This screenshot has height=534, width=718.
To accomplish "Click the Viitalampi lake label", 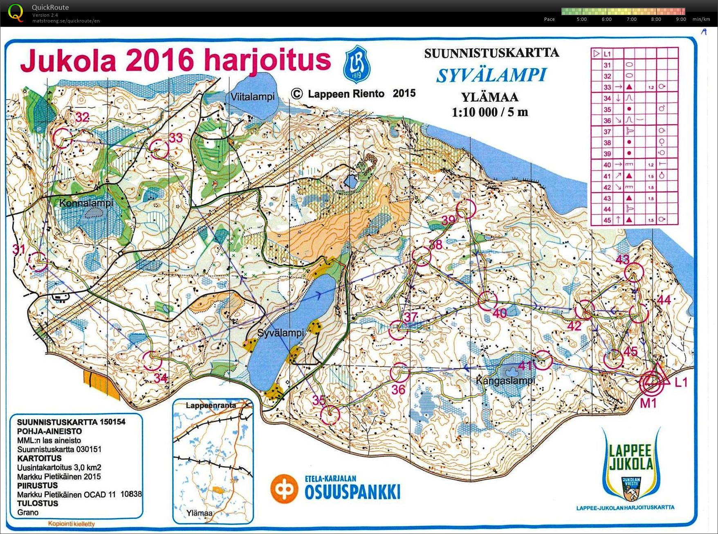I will (x=252, y=97).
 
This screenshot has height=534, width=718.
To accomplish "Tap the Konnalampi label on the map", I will (x=86, y=203).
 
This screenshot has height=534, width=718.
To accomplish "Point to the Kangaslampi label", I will (x=505, y=381).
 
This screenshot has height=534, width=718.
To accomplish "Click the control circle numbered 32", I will (x=63, y=138).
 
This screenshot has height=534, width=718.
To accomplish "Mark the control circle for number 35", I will (x=330, y=415).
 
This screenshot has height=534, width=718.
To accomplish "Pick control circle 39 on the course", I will (x=466, y=208).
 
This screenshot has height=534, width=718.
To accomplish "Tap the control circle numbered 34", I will (x=153, y=361).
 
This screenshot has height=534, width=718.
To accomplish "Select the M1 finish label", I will (x=648, y=403).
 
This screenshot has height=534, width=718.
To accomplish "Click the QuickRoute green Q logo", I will (x=16, y=12).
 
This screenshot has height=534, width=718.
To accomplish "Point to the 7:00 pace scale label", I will (x=631, y=19).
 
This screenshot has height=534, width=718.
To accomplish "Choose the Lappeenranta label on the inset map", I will (x=211, y=405).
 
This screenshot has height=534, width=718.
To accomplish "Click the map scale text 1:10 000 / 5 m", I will (x=489, y=112).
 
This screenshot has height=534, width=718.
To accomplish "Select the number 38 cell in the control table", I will (x=607, y=143).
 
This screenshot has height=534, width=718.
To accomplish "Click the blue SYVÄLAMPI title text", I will (x=491, y=76).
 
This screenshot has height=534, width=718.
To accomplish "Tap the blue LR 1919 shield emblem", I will (x=357, y=65).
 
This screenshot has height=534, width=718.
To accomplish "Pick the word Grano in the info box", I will (x=28, y=512).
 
